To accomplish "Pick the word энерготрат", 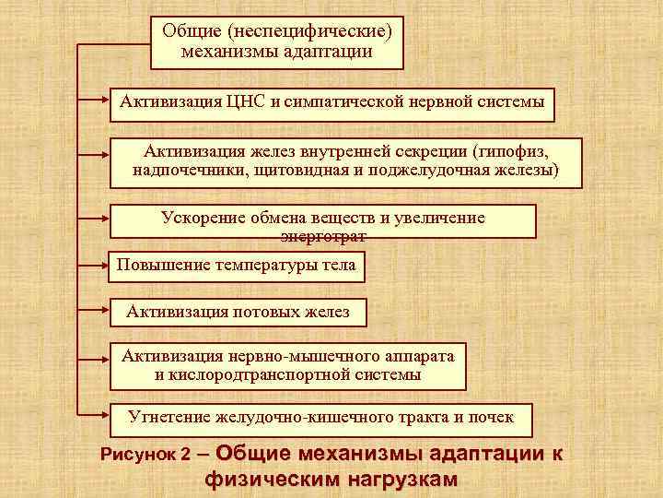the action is pos(323,236).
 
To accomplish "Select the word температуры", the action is pos(264,267).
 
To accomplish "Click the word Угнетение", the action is pos(168,417).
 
